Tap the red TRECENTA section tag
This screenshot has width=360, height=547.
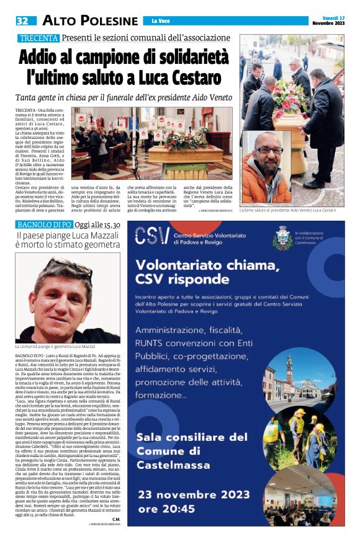pos(38,38)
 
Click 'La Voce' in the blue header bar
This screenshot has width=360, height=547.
pos(160,21)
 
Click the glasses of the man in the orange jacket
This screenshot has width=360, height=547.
pos(268,150)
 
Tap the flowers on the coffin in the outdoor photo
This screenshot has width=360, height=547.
pos(292,99)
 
